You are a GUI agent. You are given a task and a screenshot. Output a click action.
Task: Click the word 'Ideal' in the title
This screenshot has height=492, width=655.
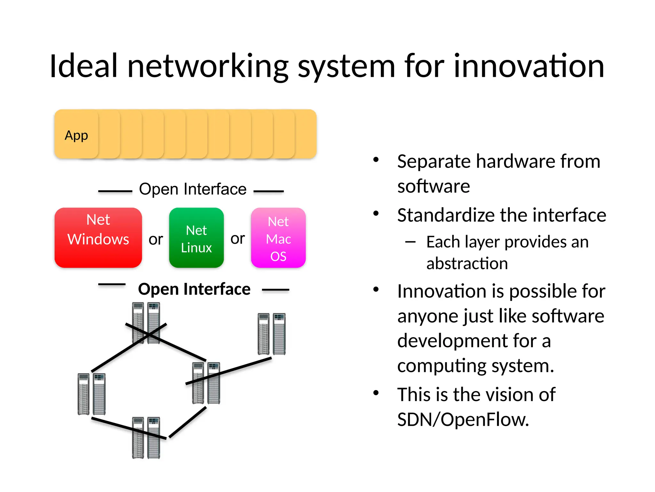point(84,66)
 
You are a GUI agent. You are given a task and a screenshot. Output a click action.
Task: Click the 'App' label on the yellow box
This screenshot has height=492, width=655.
point(76,135)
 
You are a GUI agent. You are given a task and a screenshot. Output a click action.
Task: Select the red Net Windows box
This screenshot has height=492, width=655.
point(98,238)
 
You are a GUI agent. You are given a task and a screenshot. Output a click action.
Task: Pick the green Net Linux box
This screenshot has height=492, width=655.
point(196,238)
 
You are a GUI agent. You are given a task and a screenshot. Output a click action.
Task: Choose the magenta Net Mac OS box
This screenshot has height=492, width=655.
point(278,238)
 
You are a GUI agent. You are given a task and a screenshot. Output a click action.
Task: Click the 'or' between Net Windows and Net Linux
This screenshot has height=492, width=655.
point(156,240)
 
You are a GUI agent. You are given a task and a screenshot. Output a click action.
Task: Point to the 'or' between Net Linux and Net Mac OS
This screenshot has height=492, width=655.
point(238,239)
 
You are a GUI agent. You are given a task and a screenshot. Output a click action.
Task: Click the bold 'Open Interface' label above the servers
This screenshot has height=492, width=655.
point(194,289)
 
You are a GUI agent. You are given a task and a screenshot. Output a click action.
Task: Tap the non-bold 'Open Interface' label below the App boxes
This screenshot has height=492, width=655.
point(193,189)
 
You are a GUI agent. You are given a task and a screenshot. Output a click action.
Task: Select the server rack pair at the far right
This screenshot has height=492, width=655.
point(272,334)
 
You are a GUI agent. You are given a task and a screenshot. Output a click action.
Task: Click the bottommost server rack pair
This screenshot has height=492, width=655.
point(146,438)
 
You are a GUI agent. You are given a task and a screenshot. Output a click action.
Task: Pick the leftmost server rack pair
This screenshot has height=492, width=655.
point(91,394)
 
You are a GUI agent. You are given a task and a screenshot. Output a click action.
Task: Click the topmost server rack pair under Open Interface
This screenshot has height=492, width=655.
point(146,323)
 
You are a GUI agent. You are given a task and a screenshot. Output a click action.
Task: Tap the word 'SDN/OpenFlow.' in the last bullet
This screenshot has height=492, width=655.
point(463,420)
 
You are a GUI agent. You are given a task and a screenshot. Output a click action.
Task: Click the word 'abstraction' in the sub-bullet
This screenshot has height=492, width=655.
point(467,264)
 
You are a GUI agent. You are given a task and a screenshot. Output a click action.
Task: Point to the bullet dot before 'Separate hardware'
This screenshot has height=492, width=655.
point(376,159)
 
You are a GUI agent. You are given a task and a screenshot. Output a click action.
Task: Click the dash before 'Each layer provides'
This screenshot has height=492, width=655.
point(410,242)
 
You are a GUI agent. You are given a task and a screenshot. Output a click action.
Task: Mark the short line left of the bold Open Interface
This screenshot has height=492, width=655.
point(112,284)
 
